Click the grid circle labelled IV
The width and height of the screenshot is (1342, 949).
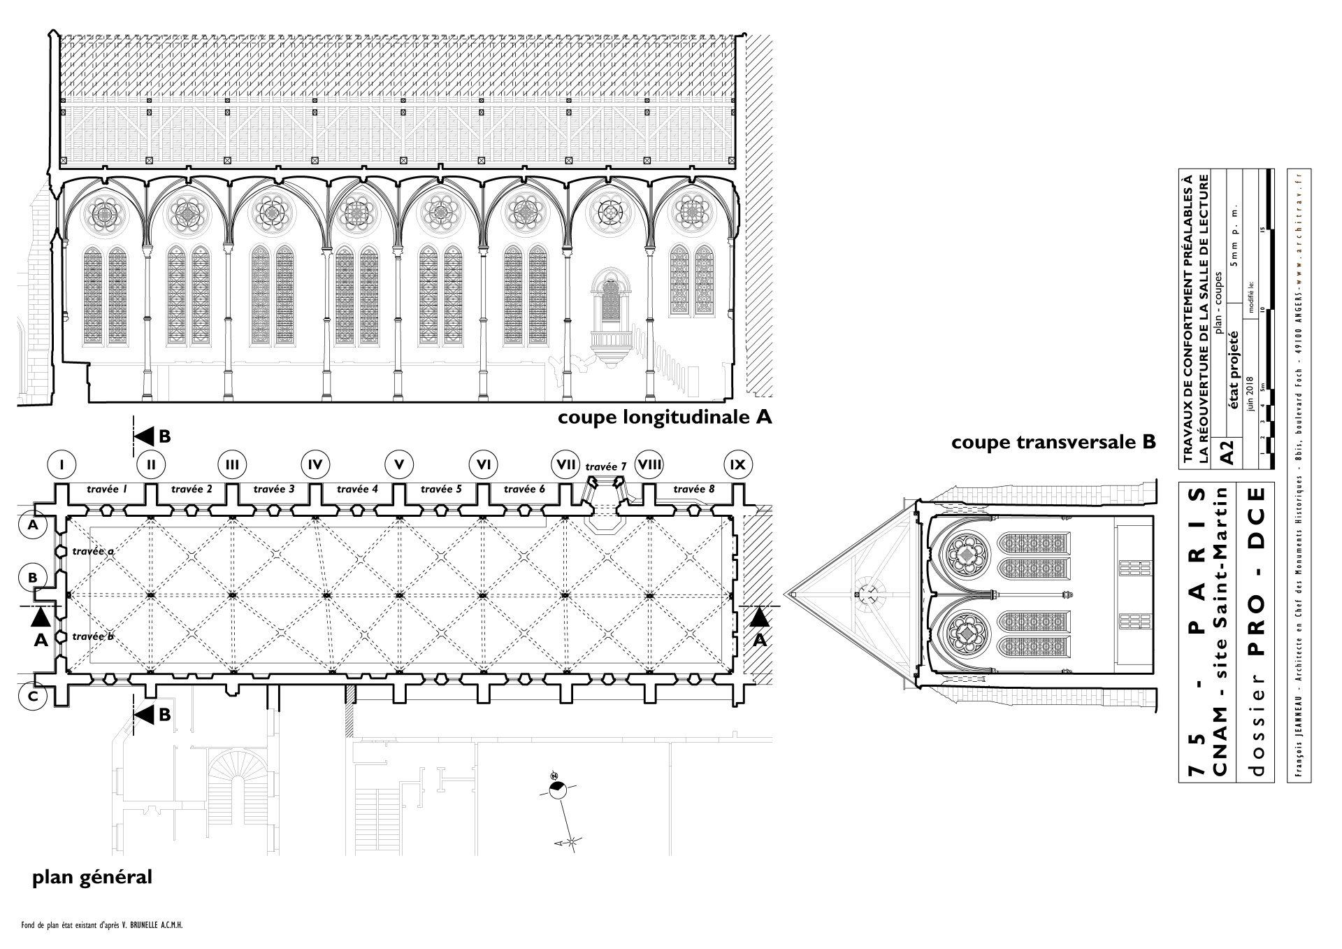[315, 464]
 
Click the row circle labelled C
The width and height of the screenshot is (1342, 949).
[33, 697]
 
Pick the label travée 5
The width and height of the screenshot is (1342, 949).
[440, 490]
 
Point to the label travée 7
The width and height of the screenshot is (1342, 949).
[606, 466]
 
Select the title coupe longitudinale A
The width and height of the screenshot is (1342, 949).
[664, 418]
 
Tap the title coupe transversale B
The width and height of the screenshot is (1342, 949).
[1053, 443]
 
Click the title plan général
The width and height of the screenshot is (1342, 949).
[92, 877]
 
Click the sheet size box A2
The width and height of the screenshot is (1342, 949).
[1226, 451]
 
